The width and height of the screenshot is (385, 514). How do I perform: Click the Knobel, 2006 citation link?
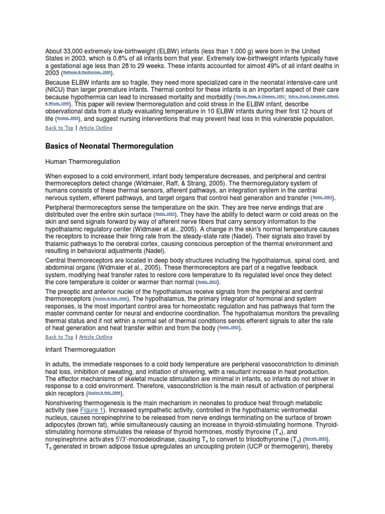click(68, 118)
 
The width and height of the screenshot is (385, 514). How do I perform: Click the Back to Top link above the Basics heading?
click(59, 127)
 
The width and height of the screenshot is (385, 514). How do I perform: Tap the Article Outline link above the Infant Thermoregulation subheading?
click(96, 337)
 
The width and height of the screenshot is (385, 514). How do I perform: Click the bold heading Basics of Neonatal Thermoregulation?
click(109, 146)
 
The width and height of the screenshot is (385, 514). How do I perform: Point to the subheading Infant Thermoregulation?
click(80, 349)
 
